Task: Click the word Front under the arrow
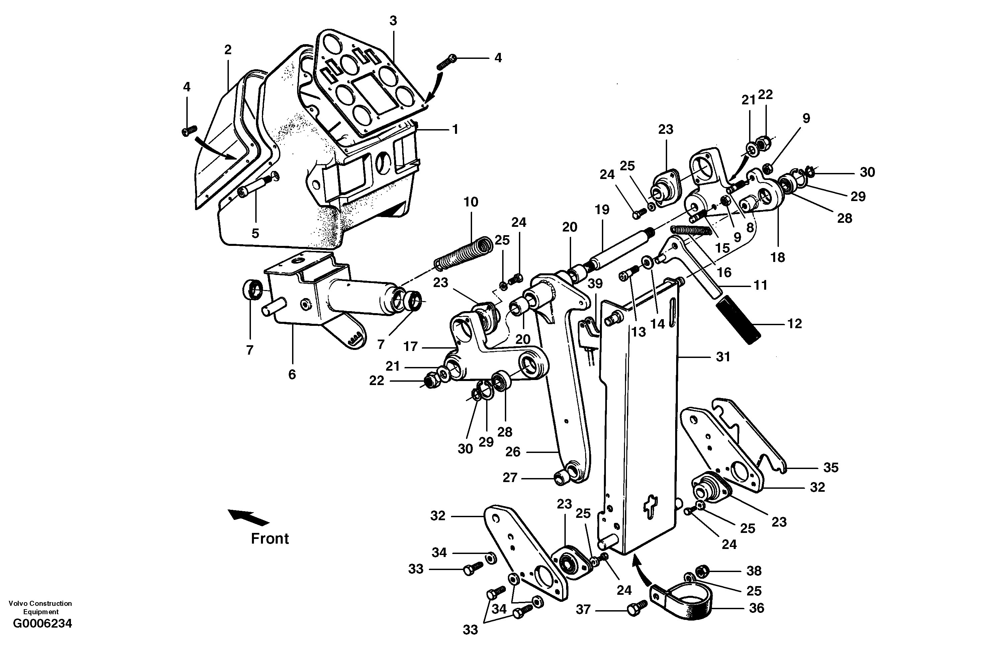coord(270,539)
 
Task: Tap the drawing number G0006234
coord(42,624)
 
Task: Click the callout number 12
coord(794,323)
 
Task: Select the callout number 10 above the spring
coord(471,202)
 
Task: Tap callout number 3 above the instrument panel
coord(393,20)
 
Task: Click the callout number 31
coord(723,357)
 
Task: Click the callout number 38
coord(754,571)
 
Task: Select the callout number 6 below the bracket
coord(292,374)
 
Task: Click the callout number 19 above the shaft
coord(602,210)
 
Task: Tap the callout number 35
coord(831,467)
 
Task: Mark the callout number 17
coord(411,347)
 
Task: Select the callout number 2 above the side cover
coord(228,50)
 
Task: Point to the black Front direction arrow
coord(249,517)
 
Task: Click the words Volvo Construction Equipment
coord(40,607)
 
